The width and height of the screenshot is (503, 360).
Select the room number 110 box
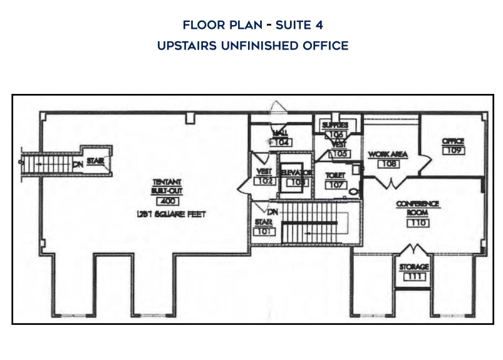(418, 222)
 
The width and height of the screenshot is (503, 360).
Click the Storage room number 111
(414, 277)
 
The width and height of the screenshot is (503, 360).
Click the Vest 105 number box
(339, 153)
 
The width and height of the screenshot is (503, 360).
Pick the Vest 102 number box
(263, 181)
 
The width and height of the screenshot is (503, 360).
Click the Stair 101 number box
(263, 231)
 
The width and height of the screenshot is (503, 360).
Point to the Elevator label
(295, 172)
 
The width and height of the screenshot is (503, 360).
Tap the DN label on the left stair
(78, 164)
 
